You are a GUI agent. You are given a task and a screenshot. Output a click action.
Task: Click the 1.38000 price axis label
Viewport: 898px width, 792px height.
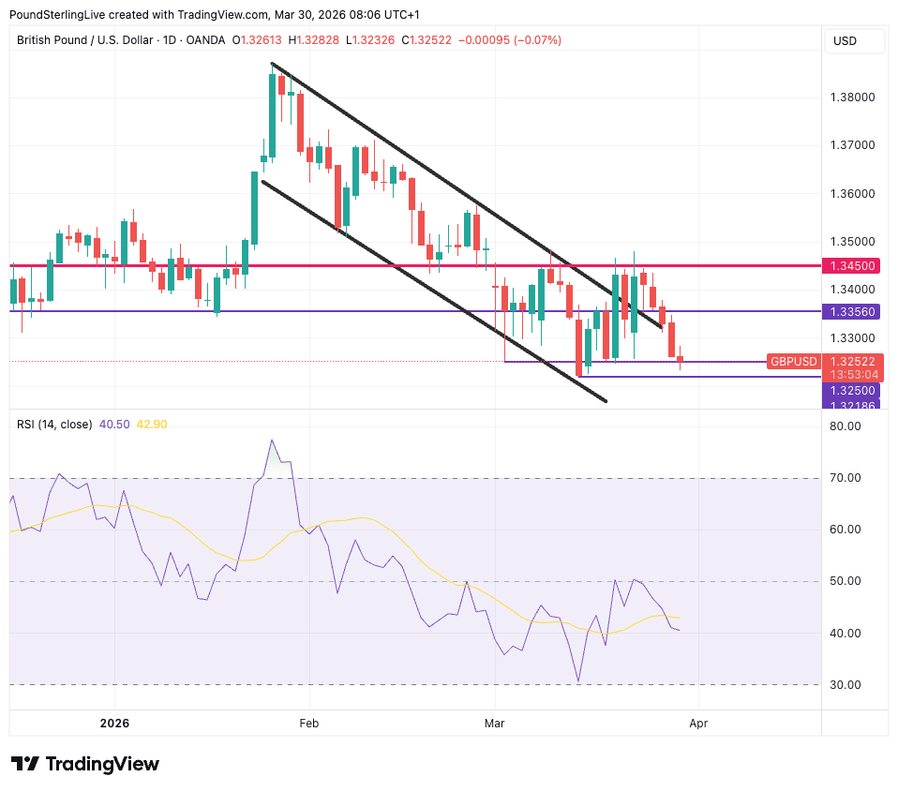pos(854,97)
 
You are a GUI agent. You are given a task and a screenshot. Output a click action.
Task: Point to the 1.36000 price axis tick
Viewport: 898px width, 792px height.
pos(854,194)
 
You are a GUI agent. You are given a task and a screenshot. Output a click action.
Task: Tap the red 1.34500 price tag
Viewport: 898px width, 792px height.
pos(851,266)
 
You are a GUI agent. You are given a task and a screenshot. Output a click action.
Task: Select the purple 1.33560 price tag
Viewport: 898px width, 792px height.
pos(851,311)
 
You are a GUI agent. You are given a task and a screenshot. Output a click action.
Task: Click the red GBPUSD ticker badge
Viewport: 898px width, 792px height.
pos(794,361)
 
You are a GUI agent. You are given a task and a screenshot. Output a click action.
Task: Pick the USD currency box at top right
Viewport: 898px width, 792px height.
pos(846,41)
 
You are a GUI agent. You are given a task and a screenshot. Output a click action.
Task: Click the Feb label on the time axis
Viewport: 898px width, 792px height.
pos(308,724)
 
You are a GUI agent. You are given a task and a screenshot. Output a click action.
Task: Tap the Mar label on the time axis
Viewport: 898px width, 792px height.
pos(493,724)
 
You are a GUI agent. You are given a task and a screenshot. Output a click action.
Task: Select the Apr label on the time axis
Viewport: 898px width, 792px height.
pos(697,724)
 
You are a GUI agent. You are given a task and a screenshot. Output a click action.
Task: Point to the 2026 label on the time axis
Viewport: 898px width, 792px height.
pos(113,724)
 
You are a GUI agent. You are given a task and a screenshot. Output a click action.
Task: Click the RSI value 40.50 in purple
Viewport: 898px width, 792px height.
pos(114,425)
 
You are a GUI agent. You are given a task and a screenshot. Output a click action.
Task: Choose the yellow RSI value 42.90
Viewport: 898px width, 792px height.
pos(152,425)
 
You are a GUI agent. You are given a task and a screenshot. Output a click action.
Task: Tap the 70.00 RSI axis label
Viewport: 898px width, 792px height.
pos(847,478)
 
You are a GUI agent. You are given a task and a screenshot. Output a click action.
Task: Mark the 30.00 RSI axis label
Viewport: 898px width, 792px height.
pos(847,685)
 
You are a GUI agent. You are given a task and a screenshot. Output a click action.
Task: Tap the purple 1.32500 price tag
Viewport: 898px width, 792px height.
pos(851,390)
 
